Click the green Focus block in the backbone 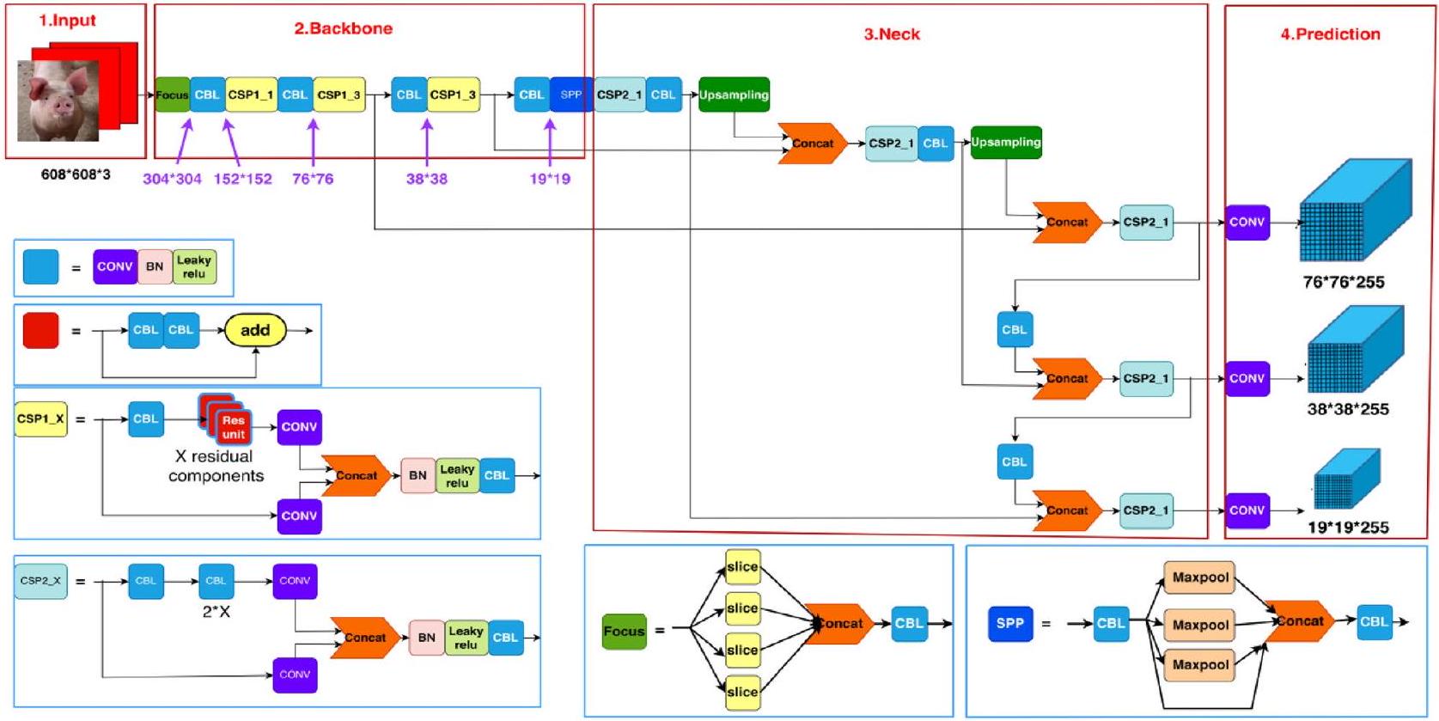point(172,95)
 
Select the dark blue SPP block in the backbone point(570,95)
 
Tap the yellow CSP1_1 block point(250,95)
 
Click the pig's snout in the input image point(63,107)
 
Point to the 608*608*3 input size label point(76,174)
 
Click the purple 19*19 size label point(550,179)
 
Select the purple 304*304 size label point(172,179)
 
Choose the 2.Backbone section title point(344,28)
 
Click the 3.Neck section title point(892,34)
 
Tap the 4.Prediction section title point(1330,34)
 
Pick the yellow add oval point(255,330)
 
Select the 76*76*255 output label point(1344,282)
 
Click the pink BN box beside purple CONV point(155,266)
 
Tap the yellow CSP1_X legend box point(41,419)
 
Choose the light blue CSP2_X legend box point(41,581)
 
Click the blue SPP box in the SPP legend point(1010,623)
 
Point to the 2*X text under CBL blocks point(216,612)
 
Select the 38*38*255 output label point(1348,409)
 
